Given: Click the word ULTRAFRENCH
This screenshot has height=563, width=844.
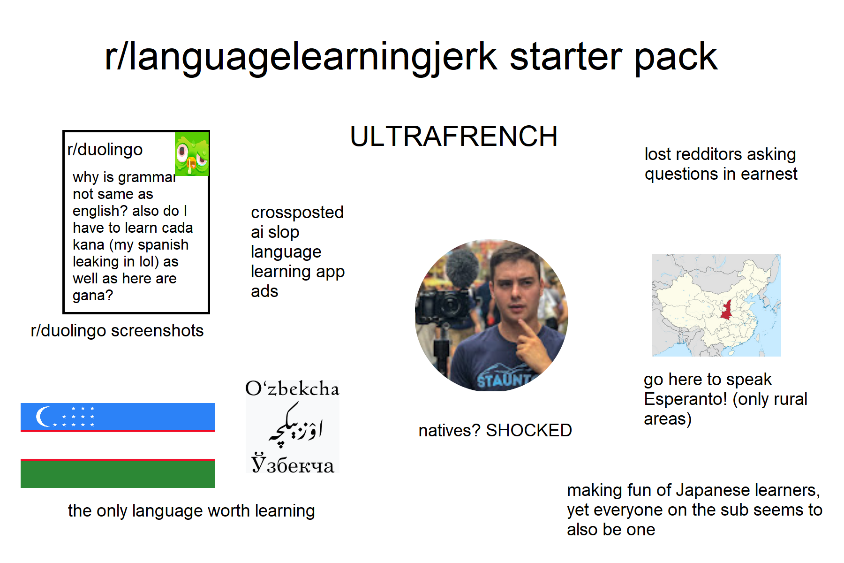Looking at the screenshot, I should (x=453, y=137).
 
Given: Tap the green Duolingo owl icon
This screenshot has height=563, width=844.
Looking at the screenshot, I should (x=191, y=154).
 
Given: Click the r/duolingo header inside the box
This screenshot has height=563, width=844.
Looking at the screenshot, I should (x=105, y=150).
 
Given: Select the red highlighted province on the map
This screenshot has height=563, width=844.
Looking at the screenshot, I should (x=727, y=310).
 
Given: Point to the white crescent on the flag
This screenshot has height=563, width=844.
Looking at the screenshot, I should (x=44, y=416).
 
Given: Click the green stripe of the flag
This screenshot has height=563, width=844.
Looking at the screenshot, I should (x=118, y=474).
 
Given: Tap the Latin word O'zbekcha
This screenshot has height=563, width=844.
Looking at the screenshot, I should (x=292, y=388).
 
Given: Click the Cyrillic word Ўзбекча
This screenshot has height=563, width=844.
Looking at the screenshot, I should (x=293, y=464).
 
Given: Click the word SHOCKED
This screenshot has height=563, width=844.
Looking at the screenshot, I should (x=528, y=430).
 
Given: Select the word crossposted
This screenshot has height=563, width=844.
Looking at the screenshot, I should (x=297, y=213).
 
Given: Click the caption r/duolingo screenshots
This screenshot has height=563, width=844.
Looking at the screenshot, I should (x=117, y=331).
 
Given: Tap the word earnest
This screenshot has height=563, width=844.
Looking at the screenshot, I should (x=769, y=174).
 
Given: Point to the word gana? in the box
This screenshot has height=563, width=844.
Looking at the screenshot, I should (x=93, y=296).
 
